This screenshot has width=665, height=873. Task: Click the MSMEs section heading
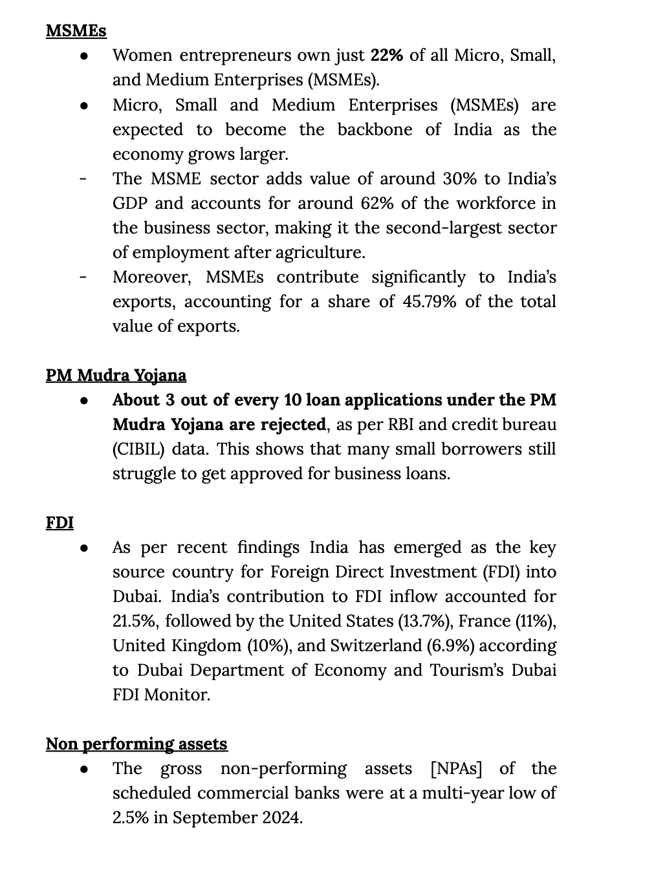tap(76, 30)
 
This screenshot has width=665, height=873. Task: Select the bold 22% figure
tap(387, 55)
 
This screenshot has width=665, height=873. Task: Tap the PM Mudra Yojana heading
tap(116, 375)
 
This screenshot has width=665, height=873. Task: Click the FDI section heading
tap(60, 523)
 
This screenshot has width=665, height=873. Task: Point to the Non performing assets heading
tap(136, 744)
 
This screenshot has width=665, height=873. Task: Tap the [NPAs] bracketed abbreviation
tap(459, 768)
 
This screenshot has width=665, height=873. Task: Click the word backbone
tap(375, 129)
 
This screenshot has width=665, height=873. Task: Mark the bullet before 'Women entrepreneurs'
tap(84, 56)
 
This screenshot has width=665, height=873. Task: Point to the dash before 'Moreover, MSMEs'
tap(83, 277)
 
